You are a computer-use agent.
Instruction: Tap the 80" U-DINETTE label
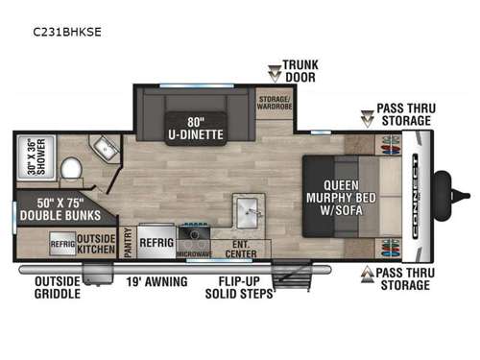[x=199, y=129]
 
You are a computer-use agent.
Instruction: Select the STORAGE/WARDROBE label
[x=275, y=102]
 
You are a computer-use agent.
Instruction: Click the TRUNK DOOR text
[x=300, y=71]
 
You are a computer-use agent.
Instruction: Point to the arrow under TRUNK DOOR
[x=274, y=72]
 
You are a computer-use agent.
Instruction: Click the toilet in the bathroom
[x=71, y=171]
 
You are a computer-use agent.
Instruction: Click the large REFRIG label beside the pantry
[x=156, y=243]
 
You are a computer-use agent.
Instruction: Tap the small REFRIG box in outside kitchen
[x=63, y=243]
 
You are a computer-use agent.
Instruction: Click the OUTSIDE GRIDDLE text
[x=58, y=288]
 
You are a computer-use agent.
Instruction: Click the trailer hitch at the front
[x=444, y=184]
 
